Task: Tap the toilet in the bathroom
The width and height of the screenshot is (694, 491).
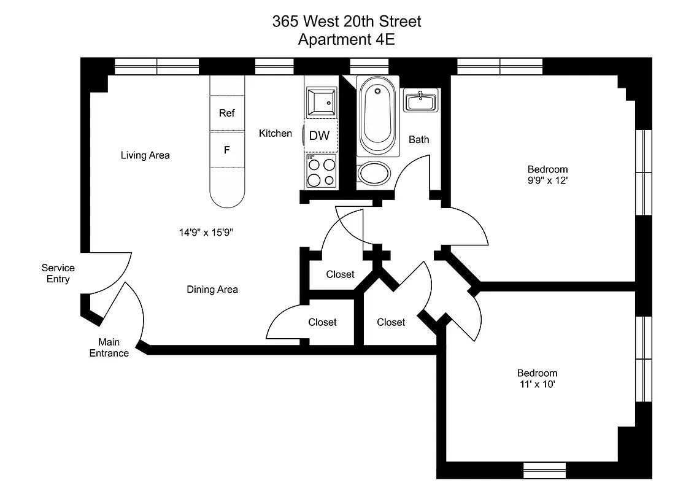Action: (x=374, y=173)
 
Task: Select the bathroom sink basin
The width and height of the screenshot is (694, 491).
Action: (x=420, y=101)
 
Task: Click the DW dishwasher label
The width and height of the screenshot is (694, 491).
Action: (x=319, y=136)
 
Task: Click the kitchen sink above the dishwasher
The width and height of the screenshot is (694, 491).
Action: (x=321, y=102)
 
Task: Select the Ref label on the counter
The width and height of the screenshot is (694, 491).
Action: (x=227, y=114)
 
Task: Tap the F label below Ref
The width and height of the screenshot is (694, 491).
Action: (x=226, y=149)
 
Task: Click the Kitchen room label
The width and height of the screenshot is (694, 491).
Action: (x=275, y=133)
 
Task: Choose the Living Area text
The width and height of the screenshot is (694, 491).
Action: (x=145, y=155)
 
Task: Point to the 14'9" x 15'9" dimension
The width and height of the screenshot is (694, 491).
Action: (x=207, y=232)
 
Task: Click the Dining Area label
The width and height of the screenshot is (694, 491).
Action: (x=212, y=289)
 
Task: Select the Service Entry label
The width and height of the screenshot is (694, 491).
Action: (x=58, y=273)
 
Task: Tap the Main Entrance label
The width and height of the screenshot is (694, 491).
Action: (x=109, y=347)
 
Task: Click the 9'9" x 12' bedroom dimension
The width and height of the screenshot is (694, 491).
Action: (x=547, y=180)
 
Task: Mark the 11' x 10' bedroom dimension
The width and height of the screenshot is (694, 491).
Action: (x=537, y=384)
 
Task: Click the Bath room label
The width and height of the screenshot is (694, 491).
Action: (x=419, y=139)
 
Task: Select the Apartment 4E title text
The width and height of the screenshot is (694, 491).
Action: (x=347, y=40)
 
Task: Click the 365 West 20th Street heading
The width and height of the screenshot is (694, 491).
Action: (x=347, y=21)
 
